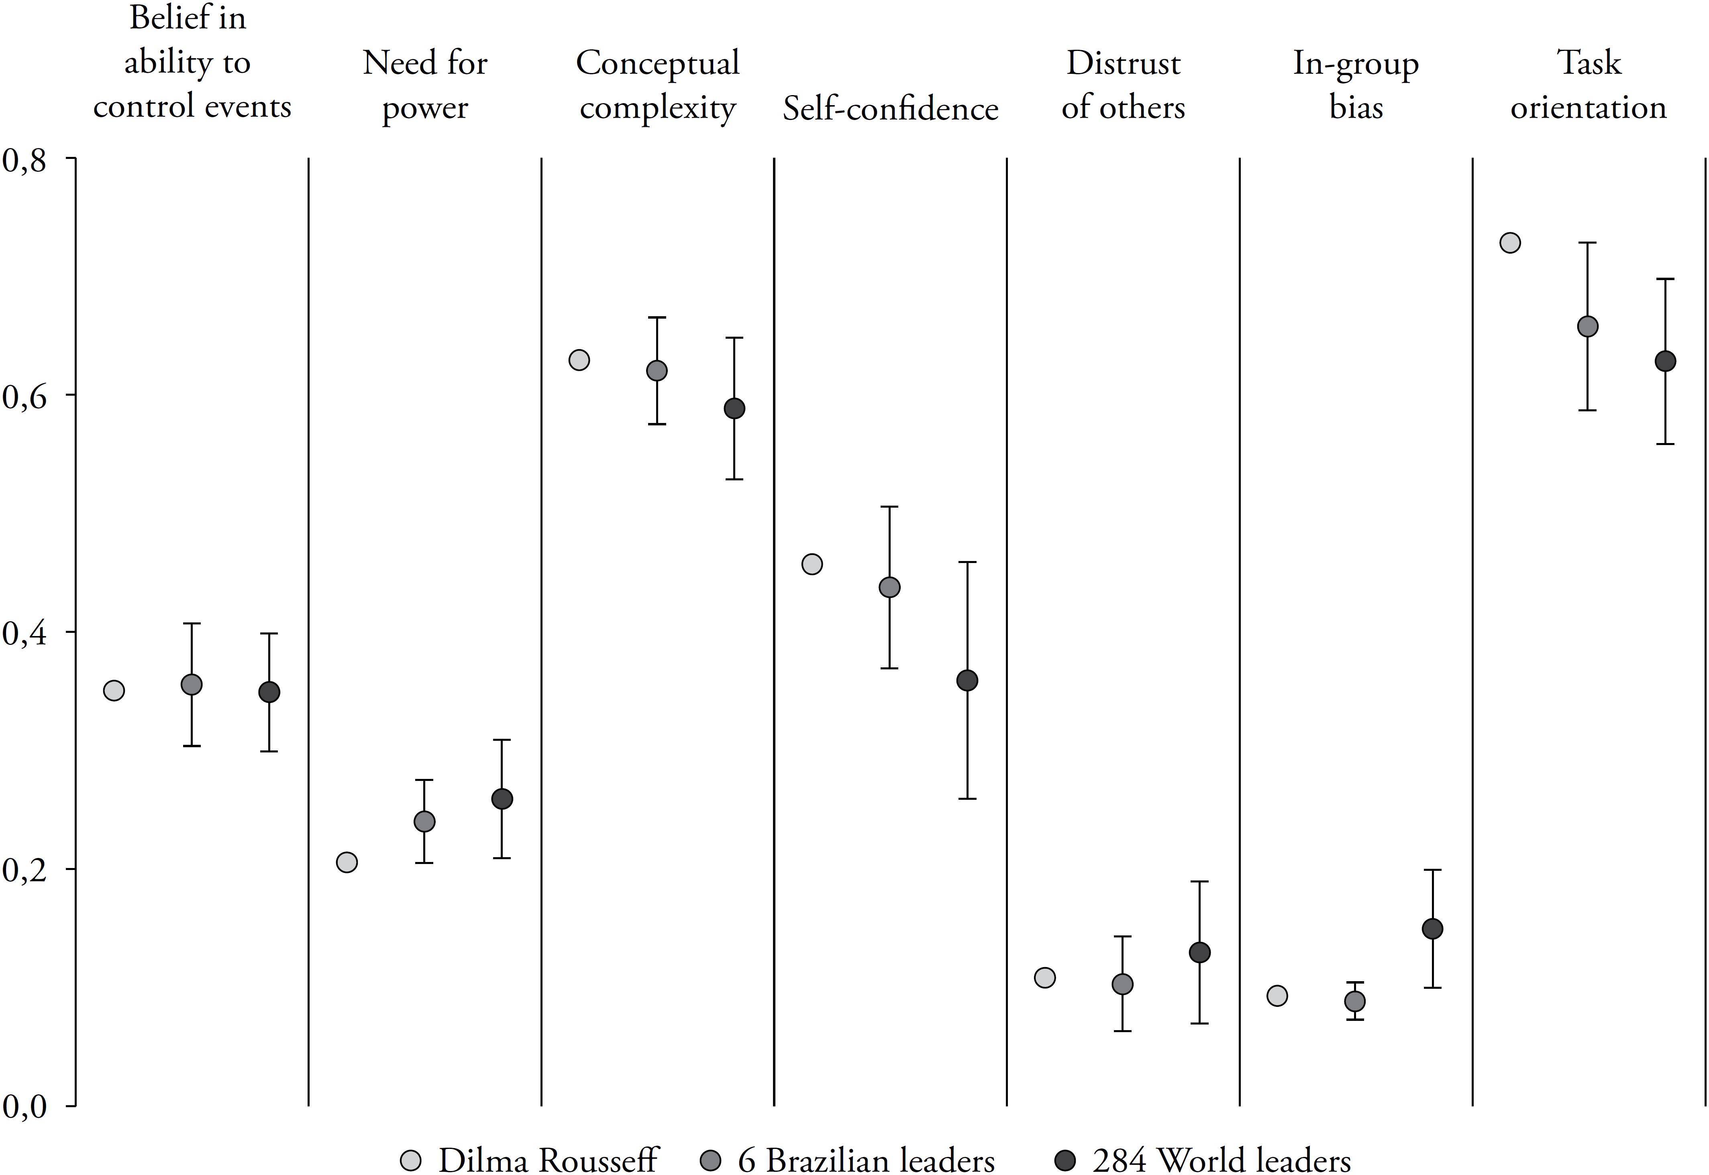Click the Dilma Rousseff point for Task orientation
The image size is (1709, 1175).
(1509, 243)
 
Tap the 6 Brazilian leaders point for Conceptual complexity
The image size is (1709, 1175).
(657, 370)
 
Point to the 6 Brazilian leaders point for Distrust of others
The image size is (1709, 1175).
(1122, 984)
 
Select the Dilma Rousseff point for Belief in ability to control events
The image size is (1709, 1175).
(114, 691)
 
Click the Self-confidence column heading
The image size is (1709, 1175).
(890, 109)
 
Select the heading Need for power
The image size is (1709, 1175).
(425, 85)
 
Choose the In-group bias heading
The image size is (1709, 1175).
(1355, 85)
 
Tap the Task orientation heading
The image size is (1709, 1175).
(1588, 85)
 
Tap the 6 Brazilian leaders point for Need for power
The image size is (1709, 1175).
(424, 821)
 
